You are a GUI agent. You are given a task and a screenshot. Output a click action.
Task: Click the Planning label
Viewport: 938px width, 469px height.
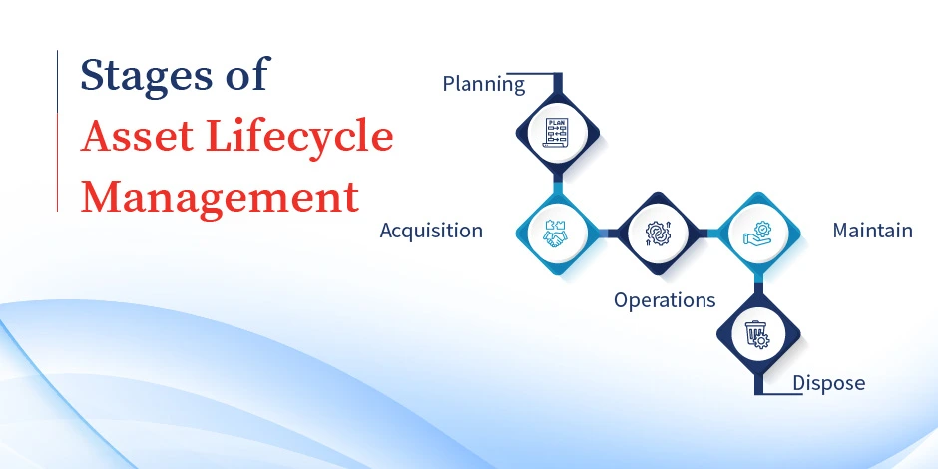(x=483, y=85)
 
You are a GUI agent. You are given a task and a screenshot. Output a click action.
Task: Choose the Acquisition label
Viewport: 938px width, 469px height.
(x=431, y=231)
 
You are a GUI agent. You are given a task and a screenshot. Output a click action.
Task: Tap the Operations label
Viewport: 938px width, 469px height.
(x=665, y=300)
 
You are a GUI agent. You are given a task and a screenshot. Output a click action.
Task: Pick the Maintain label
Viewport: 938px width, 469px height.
(x=872, y=231)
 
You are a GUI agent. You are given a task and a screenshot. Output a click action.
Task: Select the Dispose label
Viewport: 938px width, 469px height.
(x=828, y=383)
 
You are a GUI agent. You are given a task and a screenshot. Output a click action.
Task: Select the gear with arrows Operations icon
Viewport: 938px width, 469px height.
(x=658, y=233)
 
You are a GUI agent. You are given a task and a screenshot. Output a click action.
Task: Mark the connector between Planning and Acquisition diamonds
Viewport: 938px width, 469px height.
(x=557, y=182)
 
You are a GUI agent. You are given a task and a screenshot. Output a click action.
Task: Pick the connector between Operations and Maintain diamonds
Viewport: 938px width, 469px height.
(x=707, y=233)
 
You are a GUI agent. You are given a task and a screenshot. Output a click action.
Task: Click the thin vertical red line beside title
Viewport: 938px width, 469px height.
(x=58, y=130)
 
